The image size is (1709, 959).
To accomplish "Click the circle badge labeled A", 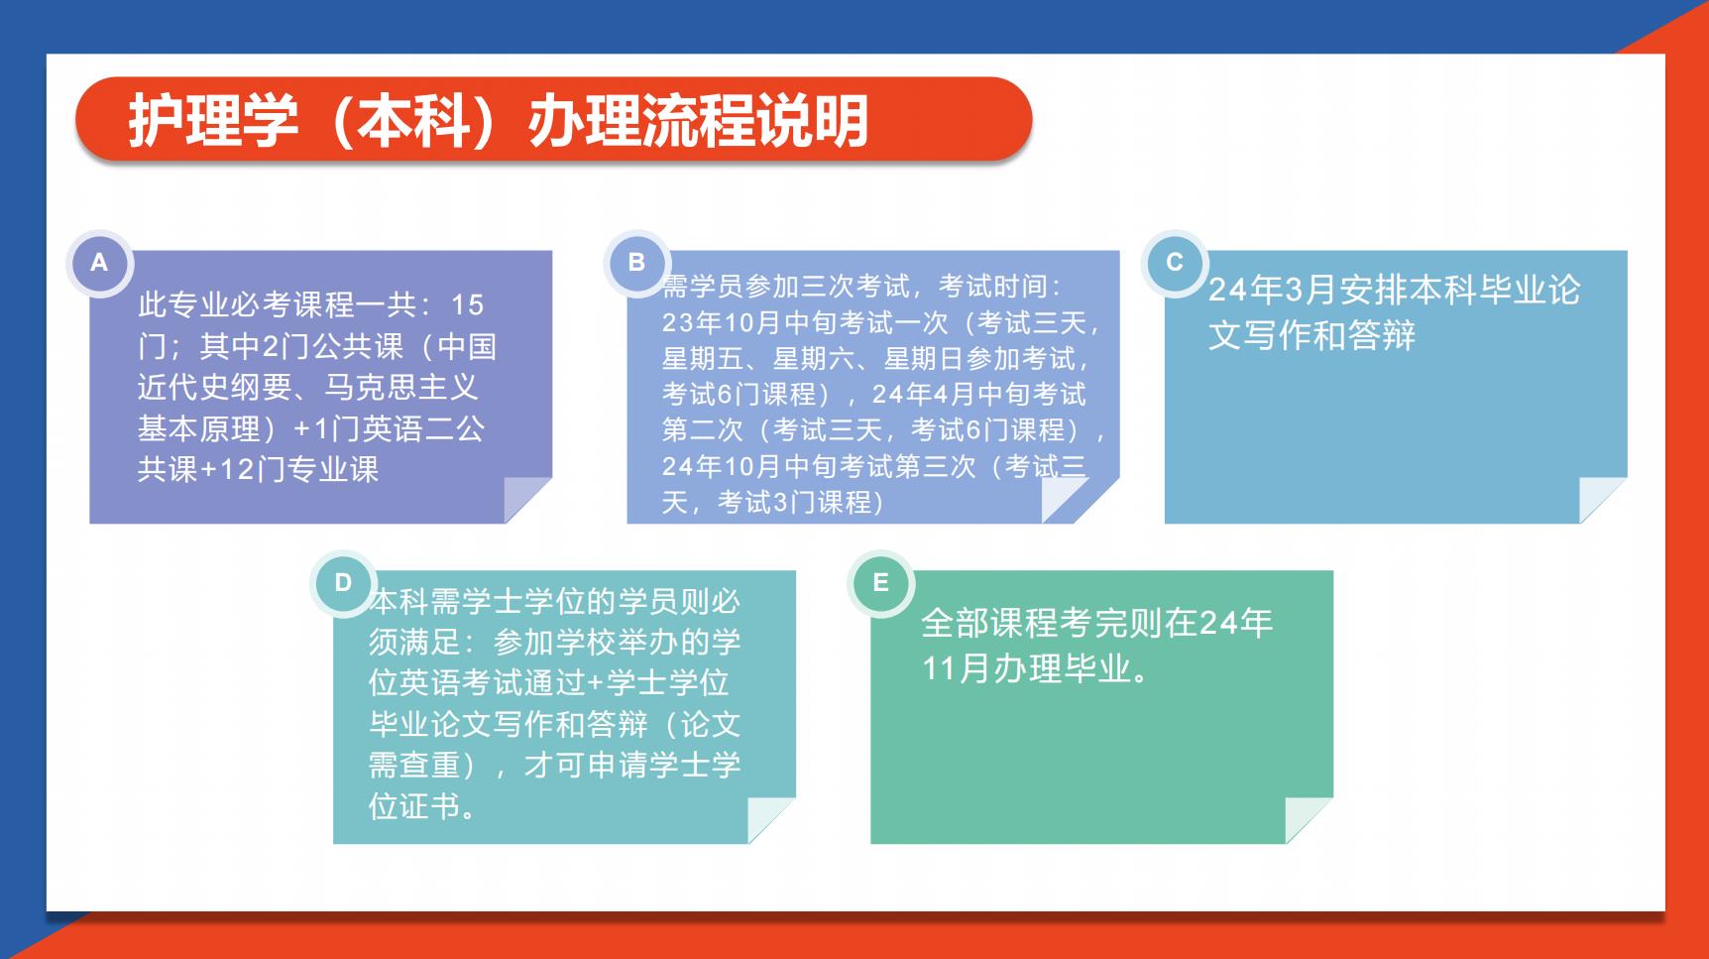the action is [99, 263].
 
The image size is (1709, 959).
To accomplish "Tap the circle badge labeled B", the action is [636, 263].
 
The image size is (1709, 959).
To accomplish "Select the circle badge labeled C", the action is [1175, 263].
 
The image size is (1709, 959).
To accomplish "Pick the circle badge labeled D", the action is [343, 583].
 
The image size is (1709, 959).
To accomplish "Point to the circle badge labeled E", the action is [880, 583].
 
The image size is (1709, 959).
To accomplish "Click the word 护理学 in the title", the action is [213, 121].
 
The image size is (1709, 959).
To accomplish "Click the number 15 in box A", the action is [468, 304].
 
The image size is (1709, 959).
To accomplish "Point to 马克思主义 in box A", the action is [401, 387].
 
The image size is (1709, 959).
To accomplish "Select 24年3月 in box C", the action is [1273, 290].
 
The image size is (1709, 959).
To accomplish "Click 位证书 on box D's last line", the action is [414, 806].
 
